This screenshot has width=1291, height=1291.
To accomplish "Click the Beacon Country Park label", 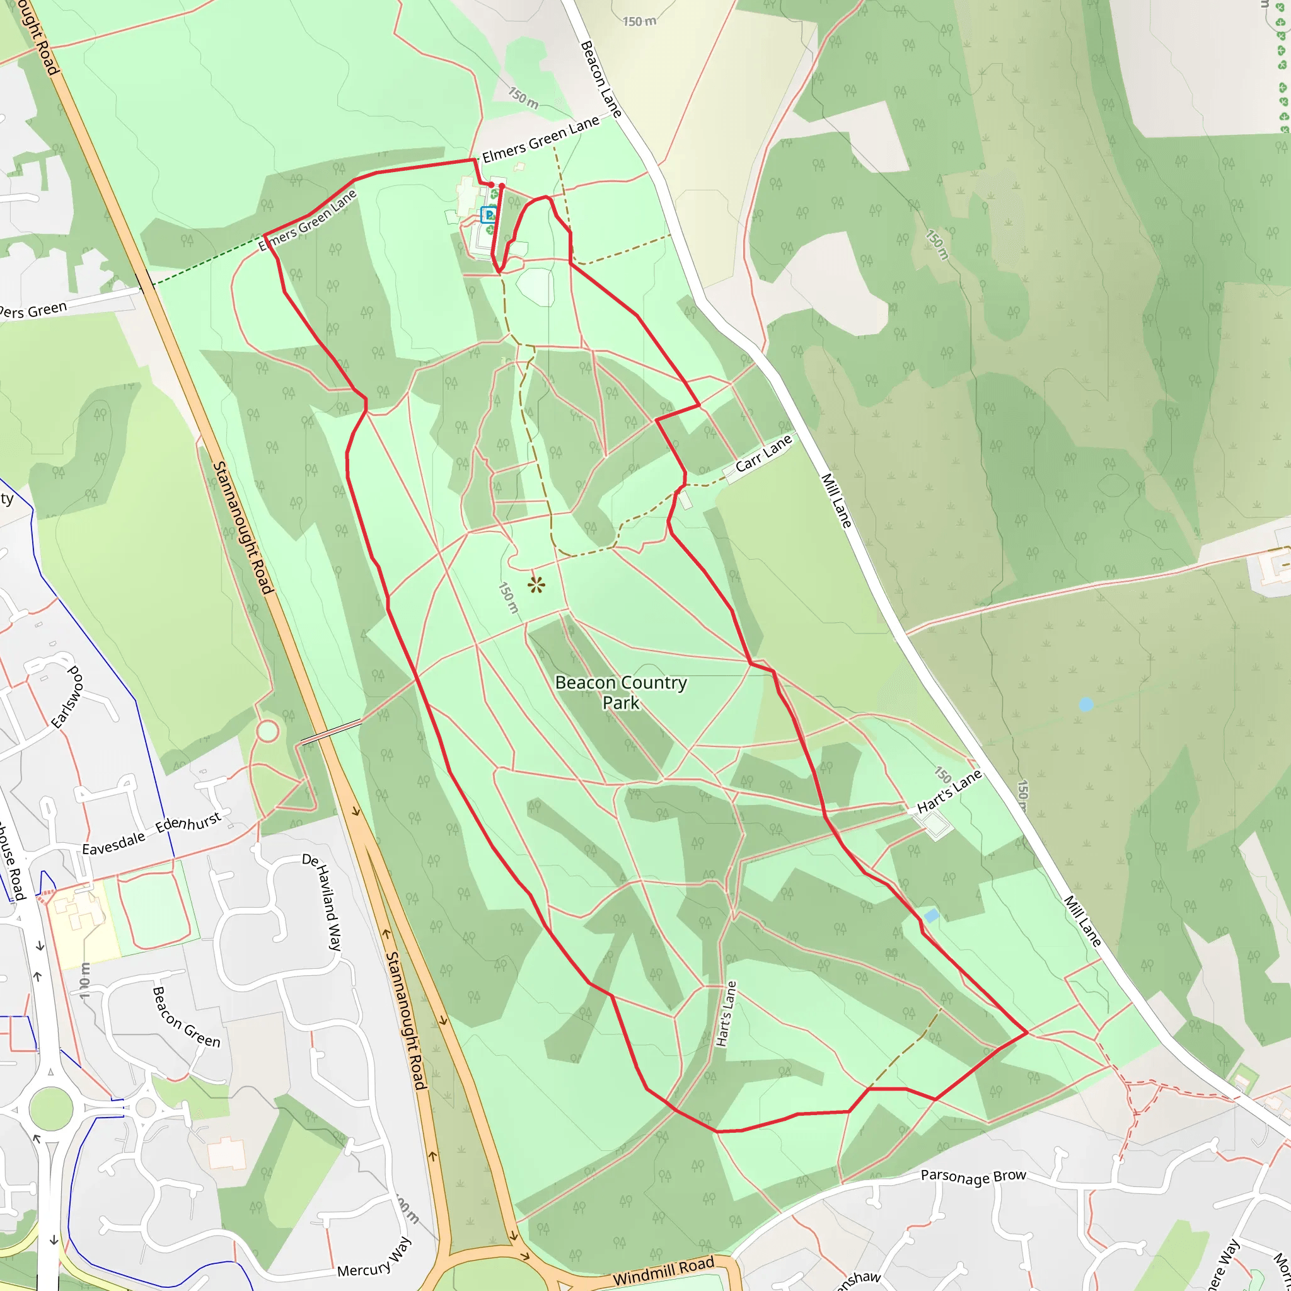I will pos(621,692).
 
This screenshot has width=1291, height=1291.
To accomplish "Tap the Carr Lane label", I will pos(763,454).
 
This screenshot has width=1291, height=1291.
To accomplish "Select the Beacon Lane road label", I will pos(601,79).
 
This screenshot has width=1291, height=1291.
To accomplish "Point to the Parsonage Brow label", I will pos(973,1176).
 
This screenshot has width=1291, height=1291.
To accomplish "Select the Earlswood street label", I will pos(67,697).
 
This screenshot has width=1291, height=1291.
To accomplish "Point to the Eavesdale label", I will pos(113,844).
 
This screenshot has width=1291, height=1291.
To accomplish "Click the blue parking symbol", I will pos(489,215).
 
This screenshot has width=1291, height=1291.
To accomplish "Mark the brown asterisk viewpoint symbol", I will pos(536,586).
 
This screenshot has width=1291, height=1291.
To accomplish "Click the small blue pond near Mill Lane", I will pos(931,915).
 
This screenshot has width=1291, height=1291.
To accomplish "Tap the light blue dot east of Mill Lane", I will pos(1086,704).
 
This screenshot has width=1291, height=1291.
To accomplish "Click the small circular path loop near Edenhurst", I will pos(267,731).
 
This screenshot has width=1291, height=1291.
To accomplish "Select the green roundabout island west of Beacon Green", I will pos(51,1108).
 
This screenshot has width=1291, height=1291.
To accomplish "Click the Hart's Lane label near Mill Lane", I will pos(949,791).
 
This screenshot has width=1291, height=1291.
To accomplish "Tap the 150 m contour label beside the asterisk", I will pos(509,597).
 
